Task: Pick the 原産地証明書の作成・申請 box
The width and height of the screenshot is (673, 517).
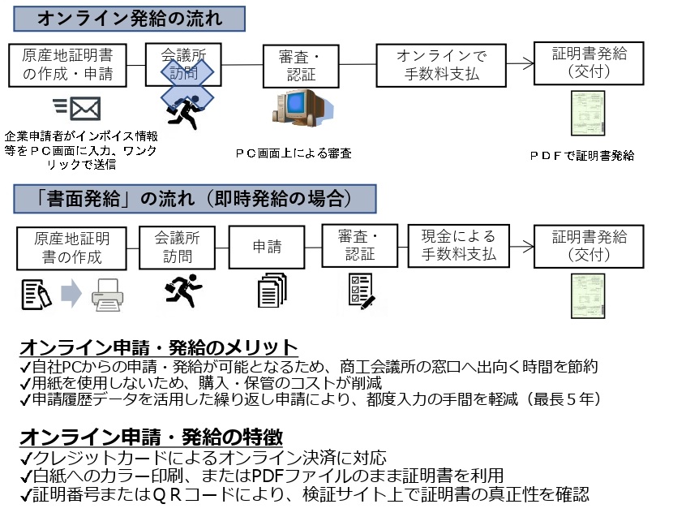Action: [68, 66]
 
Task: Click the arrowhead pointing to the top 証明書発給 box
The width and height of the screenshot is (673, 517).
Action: [527, 63]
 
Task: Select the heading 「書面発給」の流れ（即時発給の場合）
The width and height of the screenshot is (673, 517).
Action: [194, 199]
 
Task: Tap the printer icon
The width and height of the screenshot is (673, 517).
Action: [107, 294]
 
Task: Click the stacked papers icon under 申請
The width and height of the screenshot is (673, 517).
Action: [271, 290]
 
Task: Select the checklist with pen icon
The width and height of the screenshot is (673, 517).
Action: [361, 291]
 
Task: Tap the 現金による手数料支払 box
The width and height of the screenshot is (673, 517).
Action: [458, 246]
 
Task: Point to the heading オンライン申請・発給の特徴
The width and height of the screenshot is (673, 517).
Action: [150, 434]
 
